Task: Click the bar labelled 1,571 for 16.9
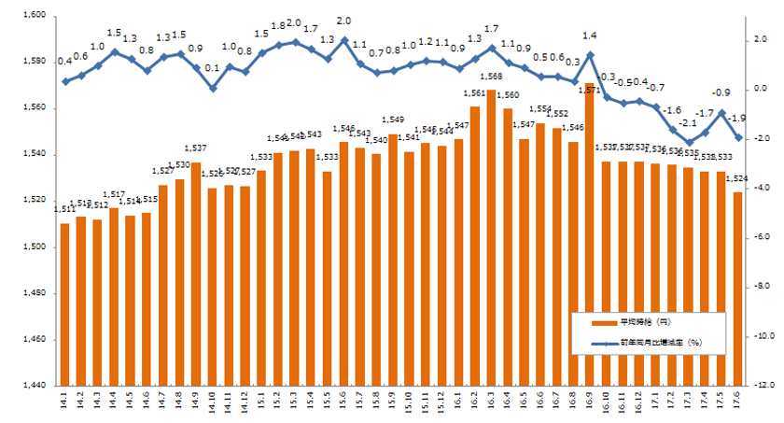(x=589, y=233)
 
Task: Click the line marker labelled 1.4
(x=589, y=54)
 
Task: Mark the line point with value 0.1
(x=213, y=89)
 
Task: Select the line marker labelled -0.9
(x=721, y=113)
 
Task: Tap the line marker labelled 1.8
(x=278, y=45)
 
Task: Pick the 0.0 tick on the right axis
(x=760, y=89)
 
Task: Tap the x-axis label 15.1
(x=261, y=402)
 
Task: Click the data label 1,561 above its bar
(x=474, y=93)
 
